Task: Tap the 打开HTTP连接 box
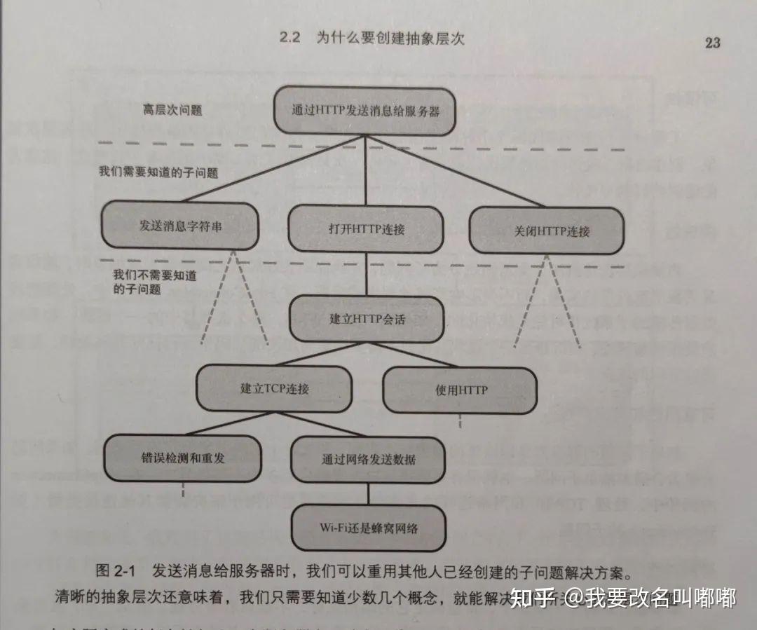click(366, 228)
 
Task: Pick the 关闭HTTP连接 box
click(547, 231)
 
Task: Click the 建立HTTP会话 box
click(367, 319)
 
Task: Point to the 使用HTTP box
click(459, 389)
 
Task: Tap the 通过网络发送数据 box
click(368, 460)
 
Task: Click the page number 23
click(711, 42)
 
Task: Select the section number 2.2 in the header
click(289, 38)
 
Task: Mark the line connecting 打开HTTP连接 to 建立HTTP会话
click(366, 274)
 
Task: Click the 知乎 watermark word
click(534, 598)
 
